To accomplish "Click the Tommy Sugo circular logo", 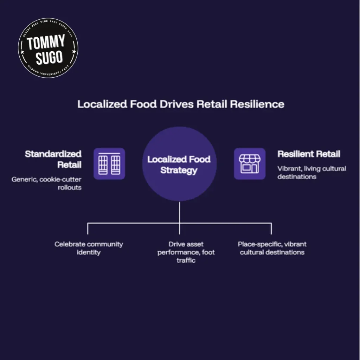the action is tap(48, 48).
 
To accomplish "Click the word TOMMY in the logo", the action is tap(46, 42).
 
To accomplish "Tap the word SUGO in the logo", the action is tap(49, 57).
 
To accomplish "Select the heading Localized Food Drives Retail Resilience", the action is tap(181, 104).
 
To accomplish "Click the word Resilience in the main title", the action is tap(257, 104).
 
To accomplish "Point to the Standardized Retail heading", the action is tap(53, 159).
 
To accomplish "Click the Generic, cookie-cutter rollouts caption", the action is tap(47, 183).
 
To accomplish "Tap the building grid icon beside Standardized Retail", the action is tap(109, 164).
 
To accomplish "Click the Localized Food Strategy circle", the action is tap(179, 164).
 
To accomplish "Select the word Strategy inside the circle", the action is tap(179, 171).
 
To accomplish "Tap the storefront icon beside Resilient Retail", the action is tap(250, 164).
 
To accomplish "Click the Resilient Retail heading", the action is tap(309, 154).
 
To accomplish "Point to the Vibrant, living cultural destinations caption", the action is tap(312, 172).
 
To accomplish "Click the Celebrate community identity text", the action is tap(89, 248).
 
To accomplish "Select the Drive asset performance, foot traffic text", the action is tap(186, 252).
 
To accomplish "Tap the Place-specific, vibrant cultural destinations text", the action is tap(272, 248).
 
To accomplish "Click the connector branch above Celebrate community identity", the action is tap(88, 229).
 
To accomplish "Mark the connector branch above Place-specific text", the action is tap(271, 229).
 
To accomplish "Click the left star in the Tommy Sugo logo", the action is tap(22, 52).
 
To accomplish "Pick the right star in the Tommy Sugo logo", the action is tap(74, 51).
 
